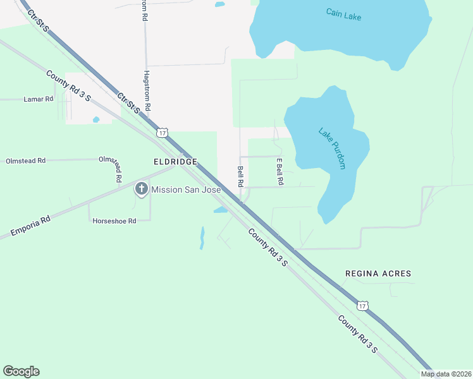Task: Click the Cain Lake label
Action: click(344, 13)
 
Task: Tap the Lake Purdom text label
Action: click(333, 148)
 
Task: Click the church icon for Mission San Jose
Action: click(141, 189)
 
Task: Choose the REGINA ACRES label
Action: click(378, 274)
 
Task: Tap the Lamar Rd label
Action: click(38, 99)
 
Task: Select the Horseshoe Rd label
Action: click(114, 221)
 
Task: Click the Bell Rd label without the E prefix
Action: click(240, 176)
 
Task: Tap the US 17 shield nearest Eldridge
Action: click(163, 133)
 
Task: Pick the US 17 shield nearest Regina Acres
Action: click(362, 306)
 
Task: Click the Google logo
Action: click(21, 371)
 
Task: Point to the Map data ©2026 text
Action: click(446, 374)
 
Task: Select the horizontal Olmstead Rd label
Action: click(25, 160)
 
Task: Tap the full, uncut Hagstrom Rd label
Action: click(146, 90)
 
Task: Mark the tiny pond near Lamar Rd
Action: click(96, 119)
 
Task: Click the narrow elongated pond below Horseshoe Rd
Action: click(202, 237)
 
